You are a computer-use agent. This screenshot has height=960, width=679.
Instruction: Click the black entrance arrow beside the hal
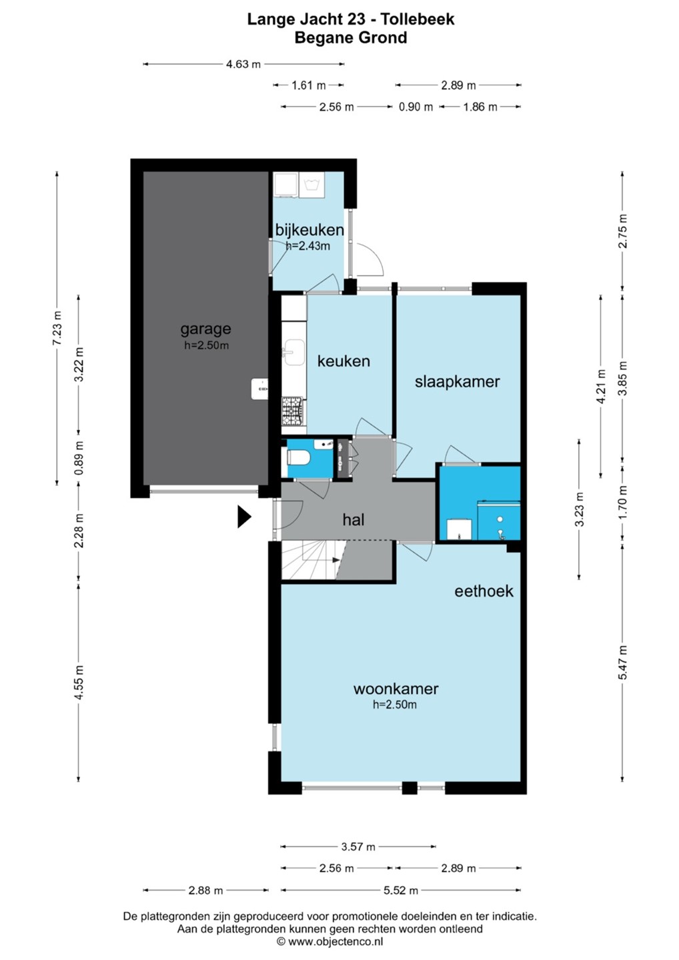pyautogui.click(x=244, y=517)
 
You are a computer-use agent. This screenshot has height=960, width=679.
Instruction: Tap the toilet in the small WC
pyautogui.click(x=298, y=458)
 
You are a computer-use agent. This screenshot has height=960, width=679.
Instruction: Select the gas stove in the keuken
pyautogui.click(x=293, y=412)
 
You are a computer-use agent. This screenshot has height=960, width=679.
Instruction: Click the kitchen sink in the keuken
pyautogui.click(x=294, y=353)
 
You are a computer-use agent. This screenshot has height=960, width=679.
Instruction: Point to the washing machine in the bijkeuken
pyautogui.click(x=311, y=185)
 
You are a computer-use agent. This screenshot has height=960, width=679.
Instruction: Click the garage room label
pyautogui.click(x=205, y=329)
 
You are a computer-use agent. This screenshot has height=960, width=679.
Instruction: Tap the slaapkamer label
pyautogui.click(x=458, y=381)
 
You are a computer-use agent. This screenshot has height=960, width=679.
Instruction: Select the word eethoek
pyautogui.click(x=484, y=591)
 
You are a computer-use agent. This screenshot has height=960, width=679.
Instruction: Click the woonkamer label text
pyautogui.click(x=396, y=689)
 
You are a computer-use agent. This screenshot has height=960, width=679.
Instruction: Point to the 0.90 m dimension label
pyautogui.click(x=416, y=107)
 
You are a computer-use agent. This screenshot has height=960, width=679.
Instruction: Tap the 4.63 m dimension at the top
pyautogui.click(x=243, y=64)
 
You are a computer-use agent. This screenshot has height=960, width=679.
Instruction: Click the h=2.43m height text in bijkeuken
pyautogui.click(x=308, y=246)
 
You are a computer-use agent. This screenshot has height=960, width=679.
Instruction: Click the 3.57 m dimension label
pyautogui.click(x=358, y=847)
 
